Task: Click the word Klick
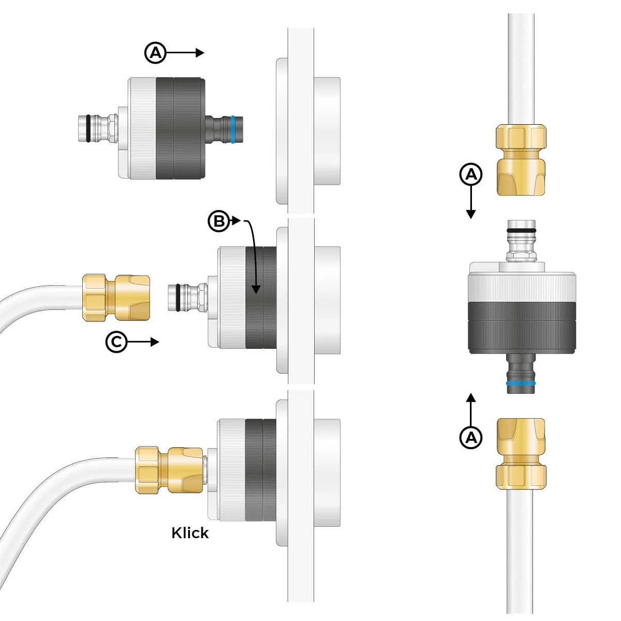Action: [x=190, y=533]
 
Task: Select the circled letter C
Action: [x=116, y=342]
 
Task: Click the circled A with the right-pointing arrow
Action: [x=155, y=53]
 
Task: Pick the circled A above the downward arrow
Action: [x=471, y=175]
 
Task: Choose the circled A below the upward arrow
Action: [x=471, y=438]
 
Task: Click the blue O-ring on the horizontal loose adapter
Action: [x=234, y=129]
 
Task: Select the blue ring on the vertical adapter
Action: [x=521, y=383]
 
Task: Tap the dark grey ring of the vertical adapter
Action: [x=521, y=328]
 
